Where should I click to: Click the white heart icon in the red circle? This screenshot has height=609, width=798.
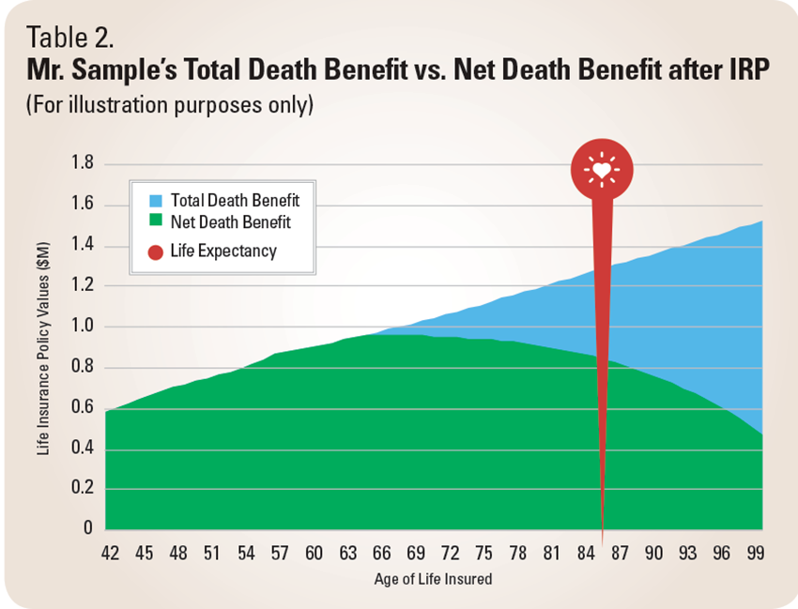click(602, 170)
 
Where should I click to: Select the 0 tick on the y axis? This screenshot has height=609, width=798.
click(89, 528)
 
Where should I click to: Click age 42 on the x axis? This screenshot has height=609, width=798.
click(110, 554)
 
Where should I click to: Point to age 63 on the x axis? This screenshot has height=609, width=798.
click(348, 554)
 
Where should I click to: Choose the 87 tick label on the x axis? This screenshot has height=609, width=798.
click(620, 554)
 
